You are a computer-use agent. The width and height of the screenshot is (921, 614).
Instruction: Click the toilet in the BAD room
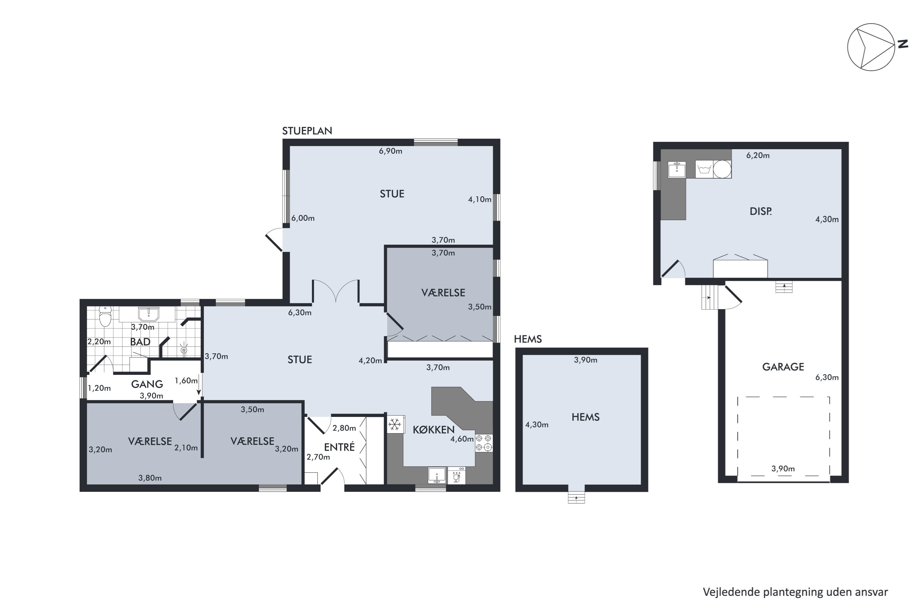(x=105, y=317)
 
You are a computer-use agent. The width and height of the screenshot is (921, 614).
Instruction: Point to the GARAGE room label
(x=783, y=367)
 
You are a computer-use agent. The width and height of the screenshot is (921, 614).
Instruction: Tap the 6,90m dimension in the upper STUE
(x=391, y=151)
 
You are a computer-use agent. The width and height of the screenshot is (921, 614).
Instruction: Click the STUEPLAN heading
(x=307, y=131)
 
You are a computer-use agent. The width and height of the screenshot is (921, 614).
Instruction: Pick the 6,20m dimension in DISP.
(x=758, y=155)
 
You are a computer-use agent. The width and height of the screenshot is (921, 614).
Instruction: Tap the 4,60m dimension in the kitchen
(x=462, y=439)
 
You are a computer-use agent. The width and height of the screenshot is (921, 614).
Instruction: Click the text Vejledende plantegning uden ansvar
(x=795, y=593)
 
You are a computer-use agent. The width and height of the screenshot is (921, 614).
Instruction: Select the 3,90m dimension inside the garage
(x=783, y=469)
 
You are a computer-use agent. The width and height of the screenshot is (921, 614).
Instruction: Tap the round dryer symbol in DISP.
(x=722, y=169)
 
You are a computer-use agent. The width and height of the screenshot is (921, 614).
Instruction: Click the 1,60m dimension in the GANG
(x=186, y=381)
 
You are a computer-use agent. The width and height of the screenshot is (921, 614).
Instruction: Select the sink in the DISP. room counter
(x=677, y=169)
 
